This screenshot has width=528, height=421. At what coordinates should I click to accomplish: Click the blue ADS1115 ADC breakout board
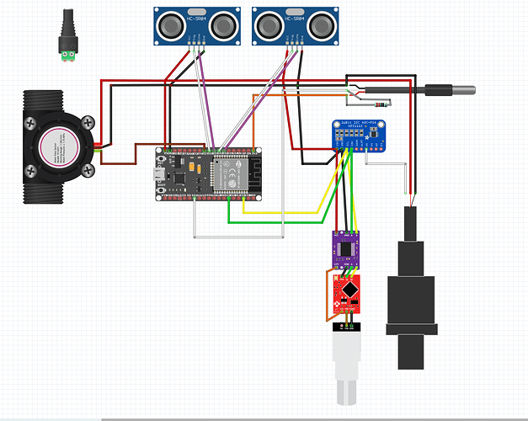pyautogui.click(x=364, y=135)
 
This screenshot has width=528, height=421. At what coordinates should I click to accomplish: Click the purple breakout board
pyautogui.click(x=346, y=248)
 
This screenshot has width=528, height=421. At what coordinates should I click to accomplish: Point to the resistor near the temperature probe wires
pyautogui.click(x=381, y=104)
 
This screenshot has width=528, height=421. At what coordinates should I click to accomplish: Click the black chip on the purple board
pyautogui.click(x=348, y=248)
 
